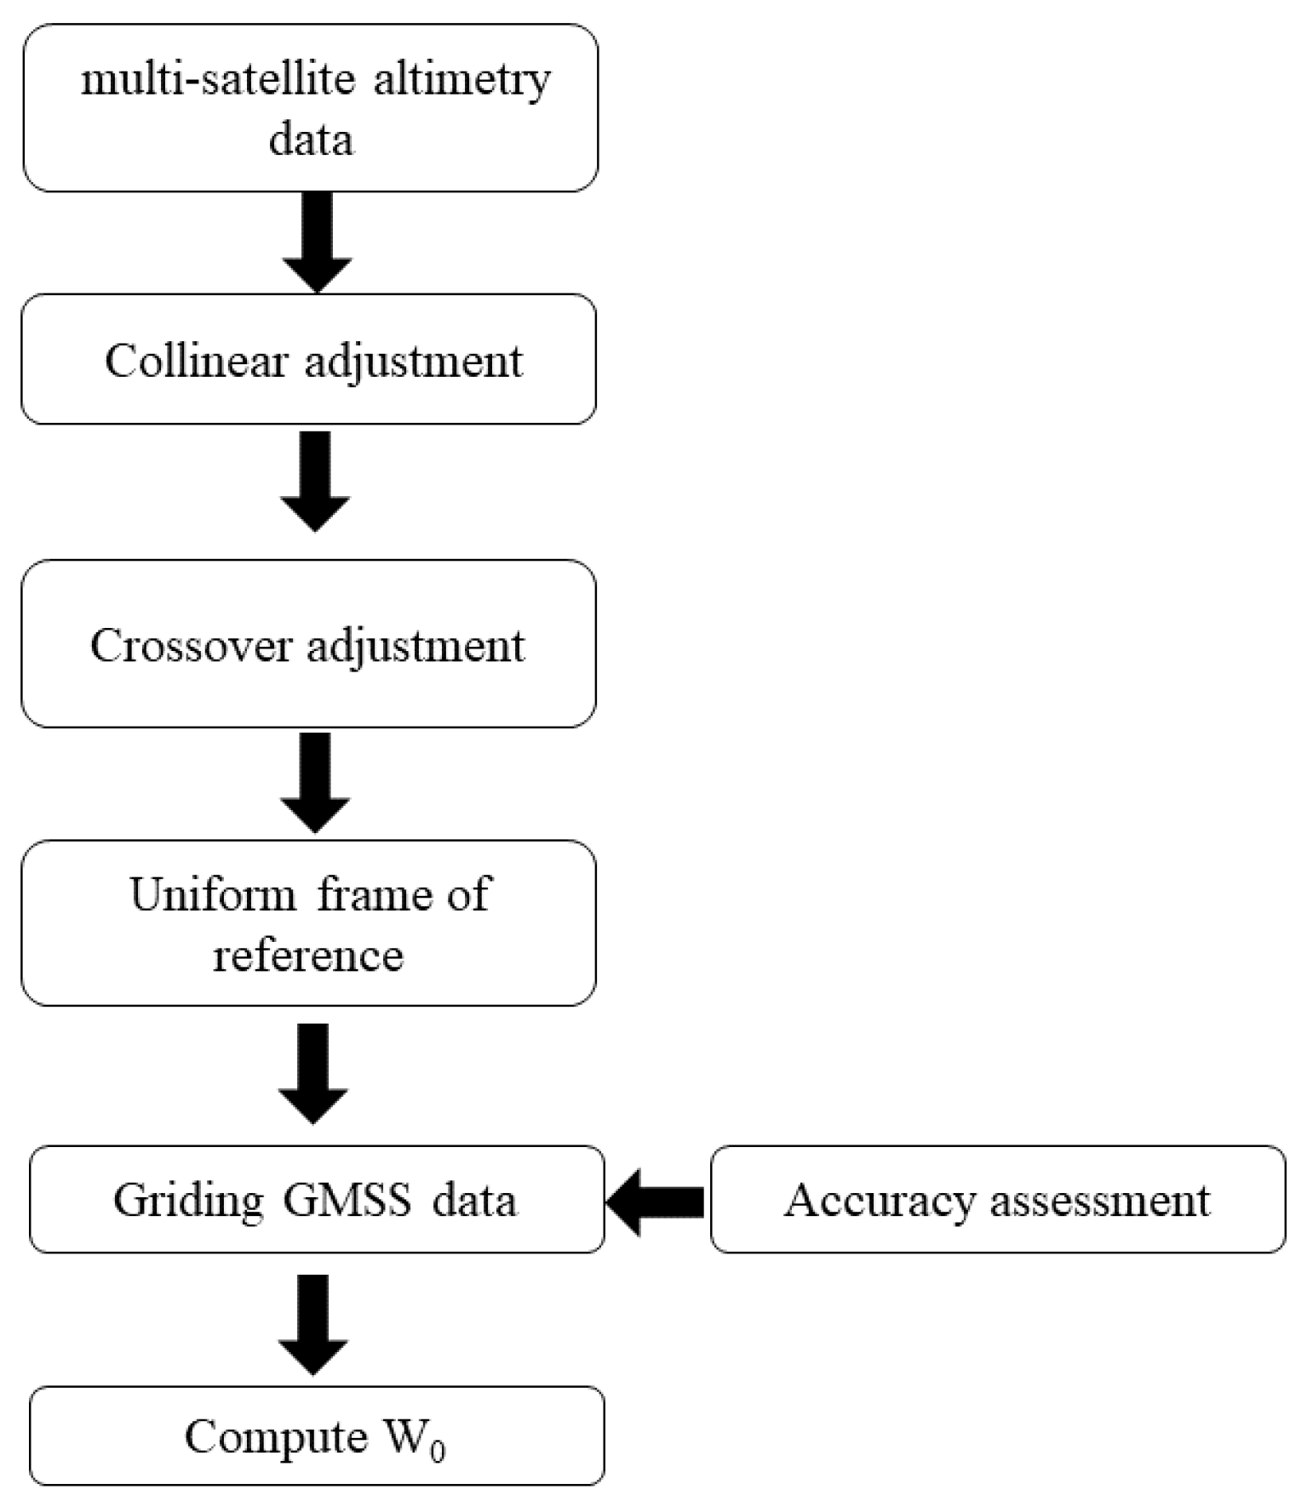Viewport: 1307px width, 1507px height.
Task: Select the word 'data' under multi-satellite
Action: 311,140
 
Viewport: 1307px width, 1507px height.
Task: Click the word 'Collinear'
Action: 197,361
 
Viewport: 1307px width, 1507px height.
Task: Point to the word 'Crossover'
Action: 191,645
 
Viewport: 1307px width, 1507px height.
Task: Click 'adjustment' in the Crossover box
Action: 416,647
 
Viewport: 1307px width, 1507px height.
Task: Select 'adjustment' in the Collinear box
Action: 414,362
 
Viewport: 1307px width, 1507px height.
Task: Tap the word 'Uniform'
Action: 213,894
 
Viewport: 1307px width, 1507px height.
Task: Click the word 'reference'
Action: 308,954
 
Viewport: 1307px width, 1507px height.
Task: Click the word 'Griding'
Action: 188,1201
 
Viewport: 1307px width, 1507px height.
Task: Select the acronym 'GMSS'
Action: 347,1201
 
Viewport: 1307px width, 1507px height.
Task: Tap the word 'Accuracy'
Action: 880,1201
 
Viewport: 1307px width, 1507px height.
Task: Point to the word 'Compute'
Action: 276,1436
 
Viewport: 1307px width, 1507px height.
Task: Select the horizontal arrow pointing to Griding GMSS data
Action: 656,1202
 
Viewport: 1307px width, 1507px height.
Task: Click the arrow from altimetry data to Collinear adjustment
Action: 317,243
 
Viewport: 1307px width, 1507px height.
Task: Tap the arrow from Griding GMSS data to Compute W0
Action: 313,1324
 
